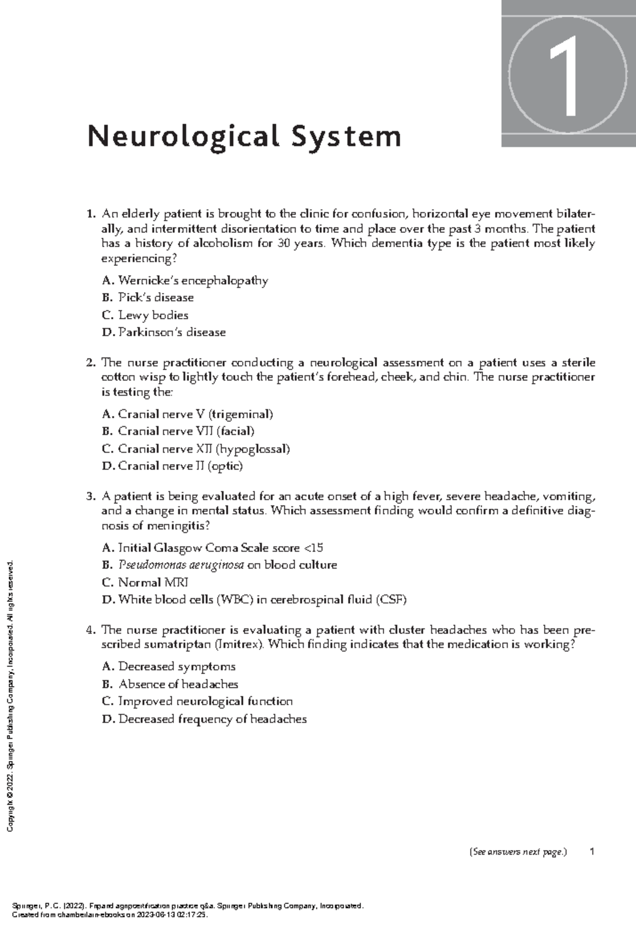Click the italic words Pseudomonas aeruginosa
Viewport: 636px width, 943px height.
click(181, 565)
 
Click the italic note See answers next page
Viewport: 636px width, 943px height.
click(518, 852)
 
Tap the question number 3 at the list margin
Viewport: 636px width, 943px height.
click(90, 497)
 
